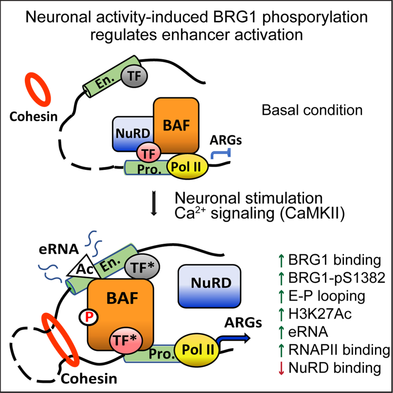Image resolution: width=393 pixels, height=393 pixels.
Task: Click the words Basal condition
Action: (312, 110)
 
